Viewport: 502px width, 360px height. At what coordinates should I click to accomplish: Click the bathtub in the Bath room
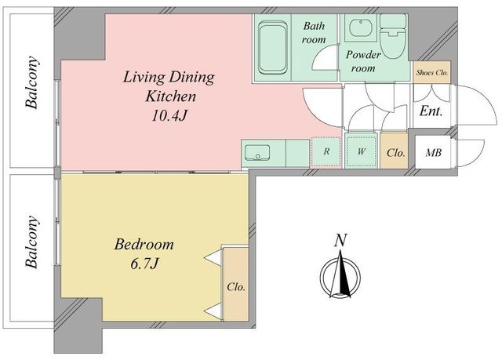(272, 47)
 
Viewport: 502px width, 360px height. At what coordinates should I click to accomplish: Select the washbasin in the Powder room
(361, 27)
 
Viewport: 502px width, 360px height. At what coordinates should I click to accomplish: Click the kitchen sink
(257, 152)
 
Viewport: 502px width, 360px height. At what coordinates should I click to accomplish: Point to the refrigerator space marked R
(326, 151)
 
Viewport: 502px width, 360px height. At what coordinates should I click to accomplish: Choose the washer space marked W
(361, 151)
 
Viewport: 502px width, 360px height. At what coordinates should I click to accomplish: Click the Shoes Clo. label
(431, 73)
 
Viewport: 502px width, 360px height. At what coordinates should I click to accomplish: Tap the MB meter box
(433, 152)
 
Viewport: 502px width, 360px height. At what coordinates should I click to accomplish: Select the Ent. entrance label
(431, 111)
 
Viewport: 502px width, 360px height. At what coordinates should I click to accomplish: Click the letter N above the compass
(340, 241)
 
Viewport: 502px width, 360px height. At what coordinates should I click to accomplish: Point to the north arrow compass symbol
(340, 275)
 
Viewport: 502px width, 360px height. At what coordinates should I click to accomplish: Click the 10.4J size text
(169, 116)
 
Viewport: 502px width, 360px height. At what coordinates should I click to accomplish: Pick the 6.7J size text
(144, 264)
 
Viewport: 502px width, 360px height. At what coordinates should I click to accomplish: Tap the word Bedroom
(144, 245)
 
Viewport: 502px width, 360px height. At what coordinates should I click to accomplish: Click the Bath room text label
(314, 33)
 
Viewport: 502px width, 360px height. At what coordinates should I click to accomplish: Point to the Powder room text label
(363, 61)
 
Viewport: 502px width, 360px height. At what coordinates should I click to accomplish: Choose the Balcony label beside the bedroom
(31, 242)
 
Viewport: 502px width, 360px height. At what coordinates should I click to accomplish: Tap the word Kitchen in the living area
(170, 96)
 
